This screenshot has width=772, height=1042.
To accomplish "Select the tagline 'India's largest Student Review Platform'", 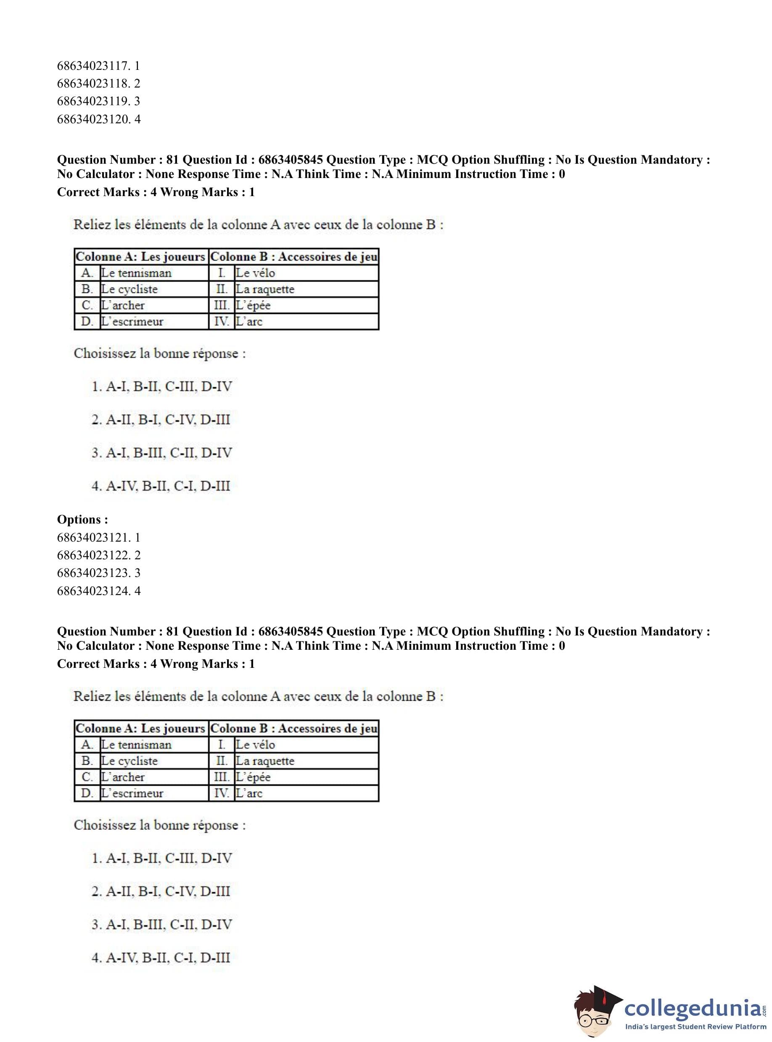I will (x=695, y=1026).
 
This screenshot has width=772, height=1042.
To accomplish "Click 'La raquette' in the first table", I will (x=265, y=289).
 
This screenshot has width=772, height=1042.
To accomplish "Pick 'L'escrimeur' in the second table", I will (x=132, y=793).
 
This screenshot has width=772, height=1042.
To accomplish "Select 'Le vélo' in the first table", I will (x=255, y=273).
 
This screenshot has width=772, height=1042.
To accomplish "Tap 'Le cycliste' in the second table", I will (x=130, y=761).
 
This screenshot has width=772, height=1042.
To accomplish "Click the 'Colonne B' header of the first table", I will (x=294, y=257).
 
